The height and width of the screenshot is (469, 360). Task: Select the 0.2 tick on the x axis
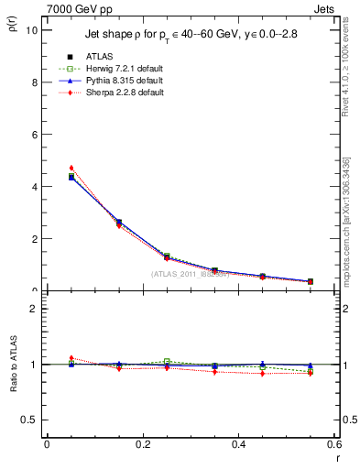pyautogui.click(x=142, y=444)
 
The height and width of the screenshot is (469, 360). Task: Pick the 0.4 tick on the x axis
pyautogui.click(x=238, y=444)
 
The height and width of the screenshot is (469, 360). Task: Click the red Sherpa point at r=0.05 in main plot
pyautogui.click(x=71, y=168)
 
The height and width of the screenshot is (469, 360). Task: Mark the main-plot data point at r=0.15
pyautogui.click(x=119, y=223)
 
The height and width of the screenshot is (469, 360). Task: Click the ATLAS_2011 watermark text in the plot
pyautogui.click(x=190, y=274)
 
